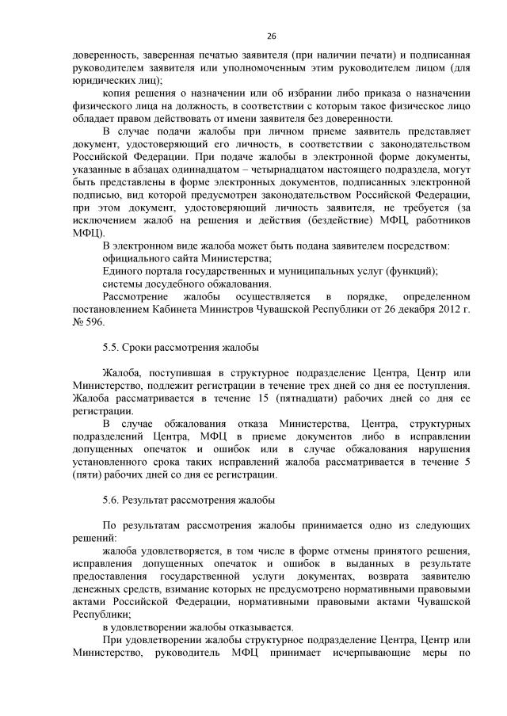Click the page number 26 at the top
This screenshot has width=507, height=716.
(x=271, y=37)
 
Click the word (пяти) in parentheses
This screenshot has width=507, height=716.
(x=87, y=475)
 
